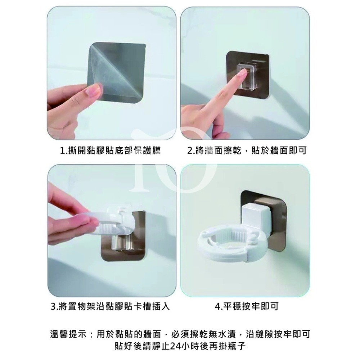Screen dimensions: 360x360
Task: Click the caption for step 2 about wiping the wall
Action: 247,150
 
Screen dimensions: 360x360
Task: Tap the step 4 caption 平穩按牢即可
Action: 247,307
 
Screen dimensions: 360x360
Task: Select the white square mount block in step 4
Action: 256,217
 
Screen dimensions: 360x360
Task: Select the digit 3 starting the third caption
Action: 53,307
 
